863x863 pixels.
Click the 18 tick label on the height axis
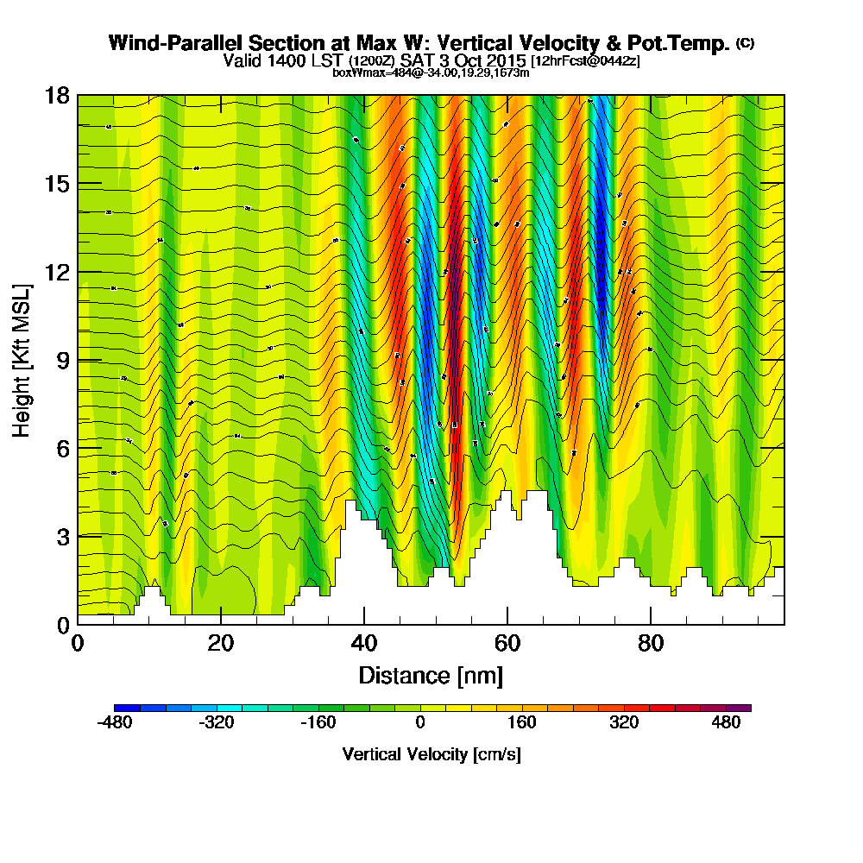(x=56, y=96)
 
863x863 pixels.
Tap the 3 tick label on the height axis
(x=61, y=536)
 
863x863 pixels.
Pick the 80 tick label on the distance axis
(x=650, y=644)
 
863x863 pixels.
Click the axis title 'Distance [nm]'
(x=431, y=675)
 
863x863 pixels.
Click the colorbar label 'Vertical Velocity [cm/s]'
(x=431, y=755)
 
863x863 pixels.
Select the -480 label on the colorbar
(x=115, y=723)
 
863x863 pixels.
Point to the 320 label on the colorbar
(x=624, y=723)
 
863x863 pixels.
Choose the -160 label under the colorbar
(x=318, y=723)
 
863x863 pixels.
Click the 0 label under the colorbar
(x=420, y=723)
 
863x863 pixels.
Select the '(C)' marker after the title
(x=745, y=43)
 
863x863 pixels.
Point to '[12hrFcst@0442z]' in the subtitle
(x=585, y=61)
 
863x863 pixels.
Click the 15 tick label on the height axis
(x=56, y=184)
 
